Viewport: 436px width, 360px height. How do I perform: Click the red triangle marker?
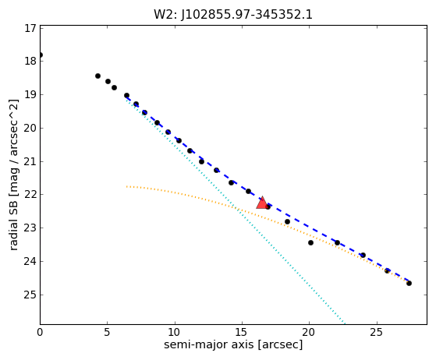point(262,203)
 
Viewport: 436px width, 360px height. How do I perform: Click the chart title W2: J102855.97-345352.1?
point(233,15)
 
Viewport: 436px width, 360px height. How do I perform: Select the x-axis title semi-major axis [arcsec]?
point(233,344)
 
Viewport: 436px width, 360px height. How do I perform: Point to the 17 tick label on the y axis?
point(30,28)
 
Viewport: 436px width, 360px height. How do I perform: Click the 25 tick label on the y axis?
point(30,295)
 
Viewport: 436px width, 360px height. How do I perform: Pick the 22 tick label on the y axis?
point(30,195)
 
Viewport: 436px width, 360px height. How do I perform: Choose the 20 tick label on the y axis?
point(30,129)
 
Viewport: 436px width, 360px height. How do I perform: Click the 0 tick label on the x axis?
point(40,332)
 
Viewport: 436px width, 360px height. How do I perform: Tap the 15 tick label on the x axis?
point(242,332)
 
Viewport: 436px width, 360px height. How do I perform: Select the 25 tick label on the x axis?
point(377,332)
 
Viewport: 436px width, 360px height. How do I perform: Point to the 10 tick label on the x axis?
point(175,332)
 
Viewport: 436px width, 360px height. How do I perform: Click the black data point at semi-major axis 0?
point(41,55)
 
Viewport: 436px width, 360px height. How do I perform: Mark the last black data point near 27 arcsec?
point(409,283)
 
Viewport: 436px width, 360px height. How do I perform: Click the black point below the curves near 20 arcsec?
point(310,243)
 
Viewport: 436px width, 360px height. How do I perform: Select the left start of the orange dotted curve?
point(127,186)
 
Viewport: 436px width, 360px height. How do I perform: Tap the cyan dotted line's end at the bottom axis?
point(345,323)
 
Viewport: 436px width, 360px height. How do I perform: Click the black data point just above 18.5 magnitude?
point(97,76)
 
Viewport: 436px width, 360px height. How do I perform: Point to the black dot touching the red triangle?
point(268,206)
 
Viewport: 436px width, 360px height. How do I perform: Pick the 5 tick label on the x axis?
point(108,332)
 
